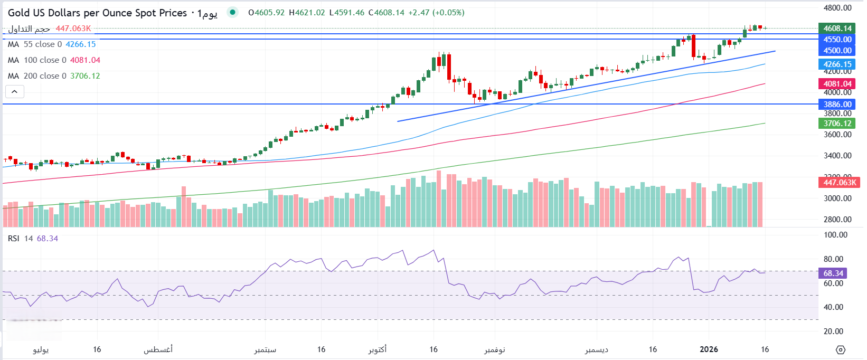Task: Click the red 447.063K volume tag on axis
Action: (840, 183)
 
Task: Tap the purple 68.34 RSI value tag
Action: (833, 273)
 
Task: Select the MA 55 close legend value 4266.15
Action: (81, 44)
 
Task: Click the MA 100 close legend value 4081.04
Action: (85, 60)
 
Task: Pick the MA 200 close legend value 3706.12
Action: (85, 76)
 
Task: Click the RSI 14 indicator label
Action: (21, 239)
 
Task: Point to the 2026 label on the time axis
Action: (709, 349)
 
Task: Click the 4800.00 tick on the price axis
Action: (837, 8)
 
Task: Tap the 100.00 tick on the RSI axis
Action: (835, 235)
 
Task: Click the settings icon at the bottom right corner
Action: (841, 350)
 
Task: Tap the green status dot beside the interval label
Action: (232, 12)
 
